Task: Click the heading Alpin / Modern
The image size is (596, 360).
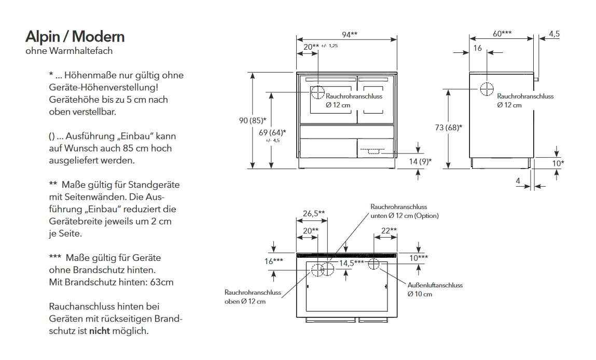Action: (75, 37)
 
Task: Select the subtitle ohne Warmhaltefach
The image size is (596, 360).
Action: (69, 51)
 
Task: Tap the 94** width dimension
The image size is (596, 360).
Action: (349, 35)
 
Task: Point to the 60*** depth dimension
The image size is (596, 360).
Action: (502, 34)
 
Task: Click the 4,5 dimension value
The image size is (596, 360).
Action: (554, 34)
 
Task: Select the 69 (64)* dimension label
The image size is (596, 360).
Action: (272, 132)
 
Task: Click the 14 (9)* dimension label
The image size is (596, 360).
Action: (420, 161)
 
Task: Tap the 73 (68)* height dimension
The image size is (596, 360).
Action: (449, 127)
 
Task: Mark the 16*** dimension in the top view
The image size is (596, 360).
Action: (274, 261)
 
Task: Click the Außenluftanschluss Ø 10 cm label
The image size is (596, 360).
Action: (435, 289)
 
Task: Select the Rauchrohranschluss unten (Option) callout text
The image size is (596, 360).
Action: (404, 211)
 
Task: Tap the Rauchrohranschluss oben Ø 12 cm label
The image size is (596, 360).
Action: (253, 297)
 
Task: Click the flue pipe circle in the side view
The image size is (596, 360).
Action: (487, 89)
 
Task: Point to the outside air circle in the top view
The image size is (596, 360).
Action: (374, 264)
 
